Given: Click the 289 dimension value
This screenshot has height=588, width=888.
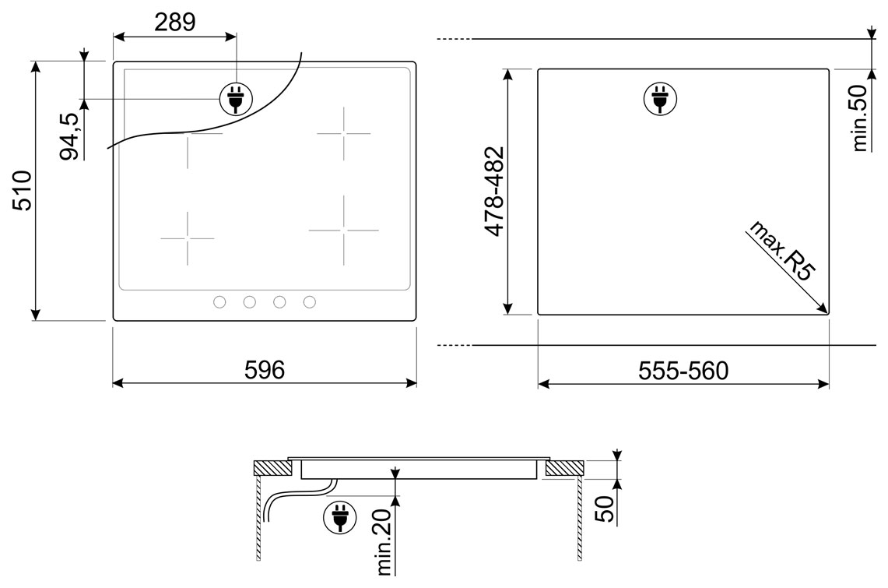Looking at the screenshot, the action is (175, 22).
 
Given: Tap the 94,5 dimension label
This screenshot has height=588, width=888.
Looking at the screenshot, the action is (70, 136).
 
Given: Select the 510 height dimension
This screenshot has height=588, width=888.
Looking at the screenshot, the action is (24, 190).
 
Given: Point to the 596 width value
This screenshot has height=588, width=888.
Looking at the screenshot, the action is (265, 370).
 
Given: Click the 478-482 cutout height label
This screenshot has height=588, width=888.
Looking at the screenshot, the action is (495, 191).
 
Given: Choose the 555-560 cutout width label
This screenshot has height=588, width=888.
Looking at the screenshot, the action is (683, 371).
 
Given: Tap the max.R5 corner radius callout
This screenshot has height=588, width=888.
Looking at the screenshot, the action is (781, 250).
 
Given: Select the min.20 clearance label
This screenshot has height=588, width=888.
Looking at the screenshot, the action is (384, 542).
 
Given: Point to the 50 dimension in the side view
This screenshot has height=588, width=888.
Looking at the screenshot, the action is (604, 508).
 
